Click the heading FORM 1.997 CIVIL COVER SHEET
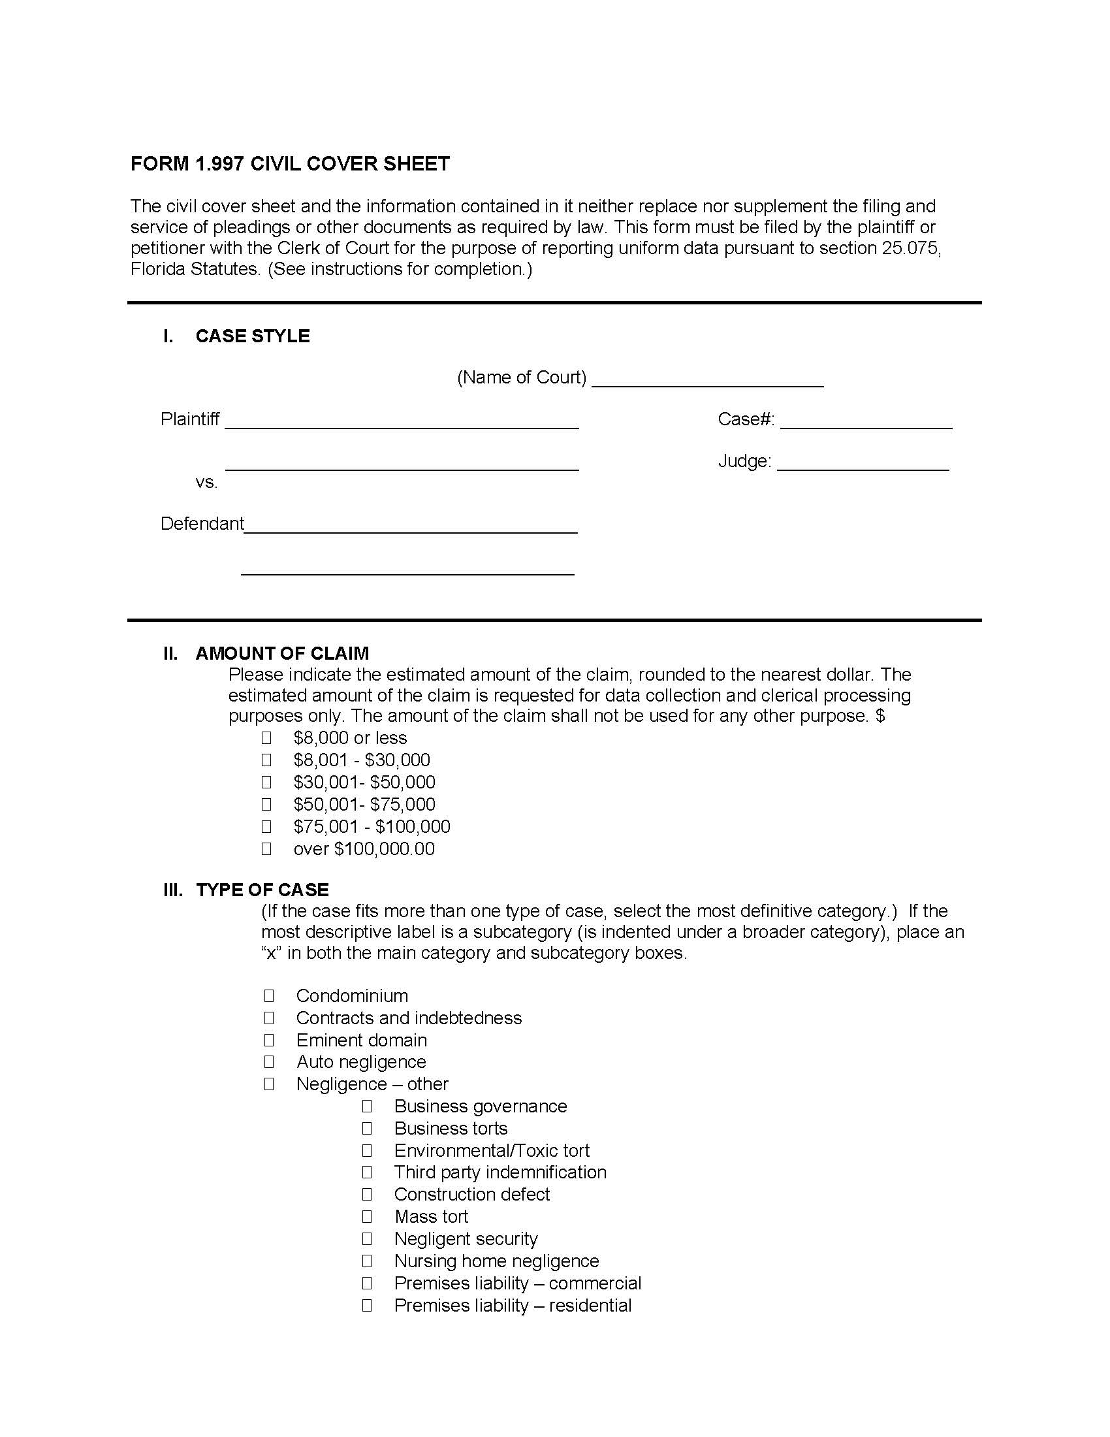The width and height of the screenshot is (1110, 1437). [290, 164]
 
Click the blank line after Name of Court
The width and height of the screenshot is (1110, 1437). [707, 380]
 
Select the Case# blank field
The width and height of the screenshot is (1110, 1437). [866, 422]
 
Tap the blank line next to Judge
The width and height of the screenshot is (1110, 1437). [863, 463]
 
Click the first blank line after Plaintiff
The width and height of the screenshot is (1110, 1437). [401, 422]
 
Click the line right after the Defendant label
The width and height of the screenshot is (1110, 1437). [410, 526]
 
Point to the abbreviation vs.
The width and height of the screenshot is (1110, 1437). [206, 482]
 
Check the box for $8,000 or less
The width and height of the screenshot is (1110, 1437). [266, 737]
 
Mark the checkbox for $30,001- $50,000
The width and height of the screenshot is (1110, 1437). [266, 783]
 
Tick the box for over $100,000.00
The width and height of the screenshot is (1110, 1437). [266, 848]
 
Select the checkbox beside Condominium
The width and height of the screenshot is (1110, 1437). [269, 995]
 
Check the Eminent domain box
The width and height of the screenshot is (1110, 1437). [269, 1041]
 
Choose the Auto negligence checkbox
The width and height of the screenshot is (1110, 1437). [269, 1062]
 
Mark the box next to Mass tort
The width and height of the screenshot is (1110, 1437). [367, 1217]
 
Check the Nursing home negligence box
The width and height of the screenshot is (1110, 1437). [367, 1261]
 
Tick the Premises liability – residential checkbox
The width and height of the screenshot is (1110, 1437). [367, 1306]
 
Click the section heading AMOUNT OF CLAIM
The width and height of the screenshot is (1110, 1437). [282, 653]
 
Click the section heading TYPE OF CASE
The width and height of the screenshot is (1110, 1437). [262, 890]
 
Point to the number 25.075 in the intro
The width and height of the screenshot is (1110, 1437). [910, 248]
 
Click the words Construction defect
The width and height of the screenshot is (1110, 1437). [471, 1194]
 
